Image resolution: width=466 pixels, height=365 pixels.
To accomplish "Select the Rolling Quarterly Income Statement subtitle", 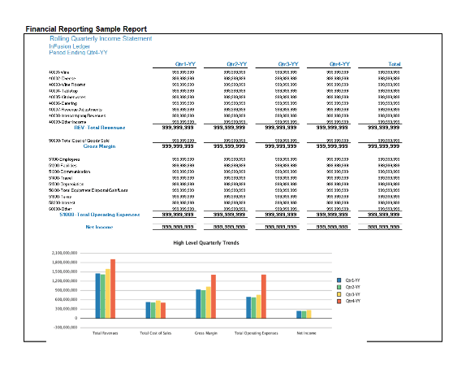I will pos(100,38).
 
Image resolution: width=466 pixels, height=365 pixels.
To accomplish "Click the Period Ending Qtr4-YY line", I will pos(78,53).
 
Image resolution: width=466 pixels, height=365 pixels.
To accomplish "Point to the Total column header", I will pos(394,63).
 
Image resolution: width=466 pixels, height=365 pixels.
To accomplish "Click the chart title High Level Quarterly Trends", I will pos(205,243).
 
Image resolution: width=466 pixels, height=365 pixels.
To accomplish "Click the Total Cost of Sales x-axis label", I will pos(155,333).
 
